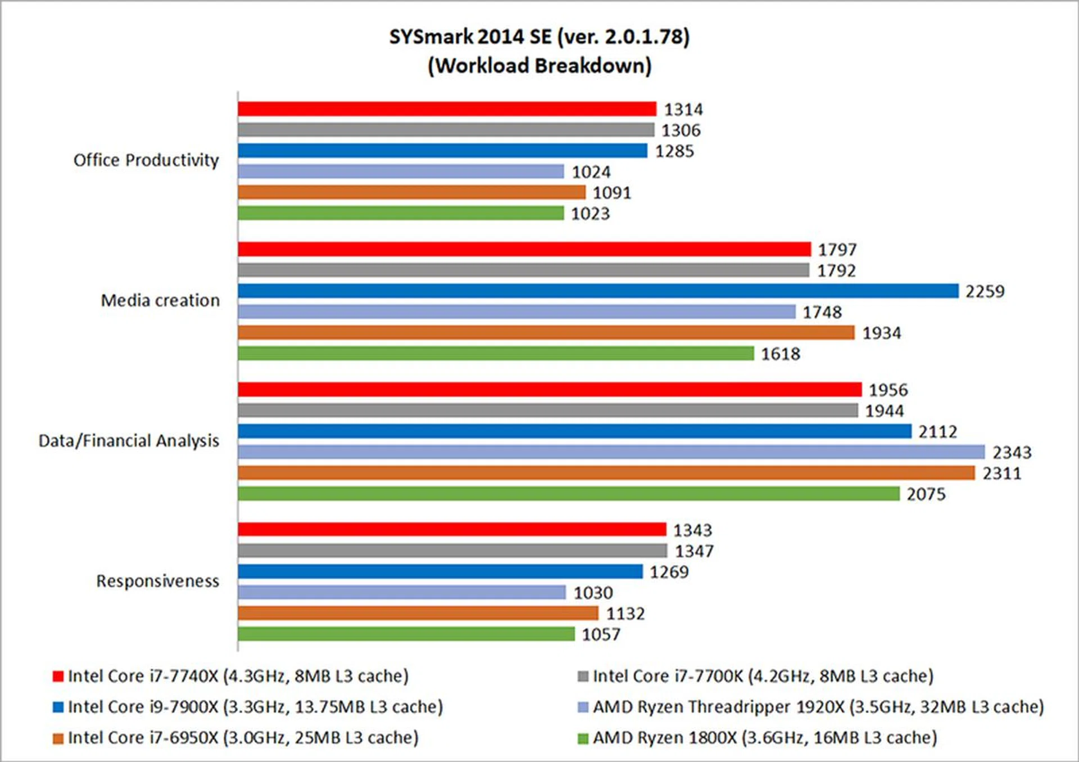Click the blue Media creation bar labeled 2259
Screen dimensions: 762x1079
click(597, 291)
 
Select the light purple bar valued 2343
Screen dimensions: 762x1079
click(611, 452)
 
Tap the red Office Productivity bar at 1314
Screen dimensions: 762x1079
click(447, 109)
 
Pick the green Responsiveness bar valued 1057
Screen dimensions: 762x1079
click(406, 634)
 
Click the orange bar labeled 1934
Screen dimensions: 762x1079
click(546, 333)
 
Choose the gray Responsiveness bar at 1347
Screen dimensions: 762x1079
click(452, 551)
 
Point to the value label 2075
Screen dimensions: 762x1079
click(926, 494)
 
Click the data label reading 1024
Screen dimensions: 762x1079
click(591, 172)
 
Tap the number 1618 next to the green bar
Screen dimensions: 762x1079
click(780, 354)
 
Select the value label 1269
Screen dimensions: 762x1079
click(669, 572)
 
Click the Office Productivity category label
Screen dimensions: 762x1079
click(146, 160)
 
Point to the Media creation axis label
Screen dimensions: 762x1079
click(160, 300)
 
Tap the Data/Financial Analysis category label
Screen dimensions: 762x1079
click(129, 441)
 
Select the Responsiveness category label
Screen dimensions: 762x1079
click(157, 581)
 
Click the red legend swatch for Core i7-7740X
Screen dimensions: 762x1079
click(58, 676)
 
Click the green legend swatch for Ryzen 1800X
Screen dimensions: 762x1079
click(583, 738)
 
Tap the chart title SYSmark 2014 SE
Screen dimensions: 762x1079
click(539, 37)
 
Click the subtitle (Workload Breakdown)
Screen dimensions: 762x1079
click(539, 66)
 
